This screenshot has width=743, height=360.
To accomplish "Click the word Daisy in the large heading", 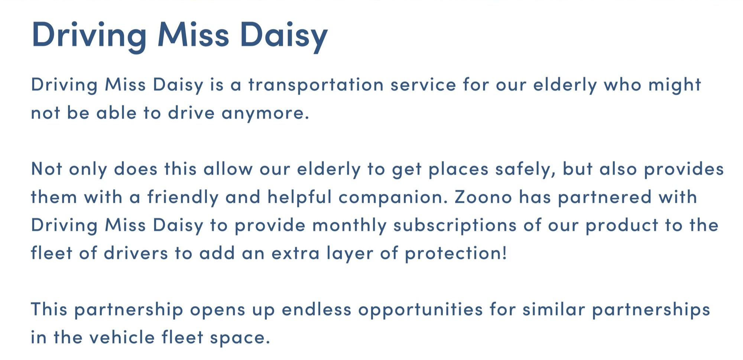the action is point(284,36).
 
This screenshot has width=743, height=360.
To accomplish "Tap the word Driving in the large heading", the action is point(89,36).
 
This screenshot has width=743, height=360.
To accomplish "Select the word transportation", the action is point(316,85).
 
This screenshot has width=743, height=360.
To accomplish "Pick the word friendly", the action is point(183,197).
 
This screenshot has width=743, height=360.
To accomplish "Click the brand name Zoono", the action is point(483,197).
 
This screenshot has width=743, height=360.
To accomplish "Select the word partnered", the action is point(605,197).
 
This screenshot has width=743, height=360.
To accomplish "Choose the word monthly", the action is point(349,225).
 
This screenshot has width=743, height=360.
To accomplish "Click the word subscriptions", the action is point(455,226).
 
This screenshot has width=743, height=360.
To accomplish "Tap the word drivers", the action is point(136,253).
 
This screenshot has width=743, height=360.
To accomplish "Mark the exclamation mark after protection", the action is point(504,253).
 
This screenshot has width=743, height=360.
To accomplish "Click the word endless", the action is point(317,309).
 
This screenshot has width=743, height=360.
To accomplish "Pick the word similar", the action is point(554,309).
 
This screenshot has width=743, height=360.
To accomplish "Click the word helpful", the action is point(299,197).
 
